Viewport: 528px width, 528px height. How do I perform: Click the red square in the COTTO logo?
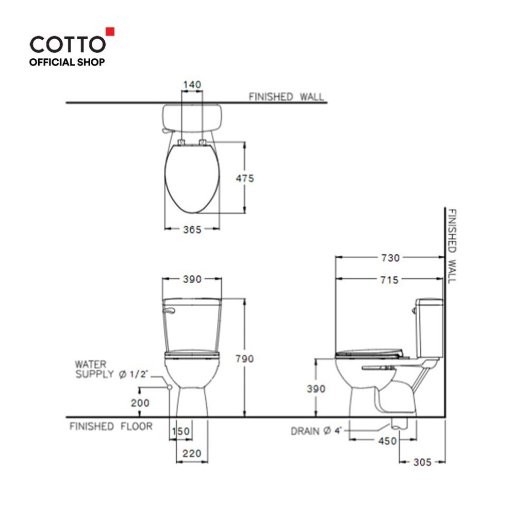tap(110, 31)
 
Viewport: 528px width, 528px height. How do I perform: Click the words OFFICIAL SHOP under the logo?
tap(67, 62)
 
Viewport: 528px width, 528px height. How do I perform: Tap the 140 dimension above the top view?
tap(192, 84)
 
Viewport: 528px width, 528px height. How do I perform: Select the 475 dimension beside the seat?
tap(245, 178)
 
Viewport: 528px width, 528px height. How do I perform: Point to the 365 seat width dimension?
tap(192, 229)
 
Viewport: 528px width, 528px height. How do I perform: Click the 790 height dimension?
tap(244, 359)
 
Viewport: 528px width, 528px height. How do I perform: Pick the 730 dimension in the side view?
tap(390, 258)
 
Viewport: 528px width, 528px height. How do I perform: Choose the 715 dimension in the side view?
tap(389, 280)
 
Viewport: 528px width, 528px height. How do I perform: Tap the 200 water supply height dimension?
tap(140, 403)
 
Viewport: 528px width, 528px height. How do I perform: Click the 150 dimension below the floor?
tap(181, 432)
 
